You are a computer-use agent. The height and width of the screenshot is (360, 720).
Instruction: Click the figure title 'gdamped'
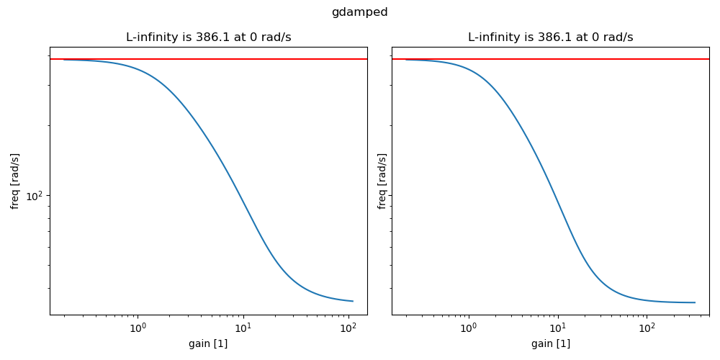pos(359,12)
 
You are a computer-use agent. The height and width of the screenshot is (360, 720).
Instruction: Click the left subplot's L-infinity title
pos(208,37)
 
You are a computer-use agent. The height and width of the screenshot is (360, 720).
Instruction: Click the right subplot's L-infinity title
pos(550,37)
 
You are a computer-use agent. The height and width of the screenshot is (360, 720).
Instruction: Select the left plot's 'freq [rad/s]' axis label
pos(15,181)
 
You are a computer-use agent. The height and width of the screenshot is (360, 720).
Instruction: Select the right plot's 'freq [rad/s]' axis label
pos(382,181)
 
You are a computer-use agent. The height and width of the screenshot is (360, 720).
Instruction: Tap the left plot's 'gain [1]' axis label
pos(208,344)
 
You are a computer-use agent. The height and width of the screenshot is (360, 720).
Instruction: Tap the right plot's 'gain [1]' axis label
pos(550,344)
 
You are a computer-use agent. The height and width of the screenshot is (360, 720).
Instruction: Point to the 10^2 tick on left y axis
pos(35,196)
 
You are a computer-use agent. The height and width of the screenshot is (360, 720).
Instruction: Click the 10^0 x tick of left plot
pos(138,328)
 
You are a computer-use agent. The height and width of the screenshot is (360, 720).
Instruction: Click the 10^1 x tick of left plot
pos(243,328)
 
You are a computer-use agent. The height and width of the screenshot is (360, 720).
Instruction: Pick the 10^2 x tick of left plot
pos(349,328)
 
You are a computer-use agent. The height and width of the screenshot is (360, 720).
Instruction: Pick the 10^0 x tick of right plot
pos(468,328)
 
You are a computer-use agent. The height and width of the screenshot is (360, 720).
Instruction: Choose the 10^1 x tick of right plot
pos(557,328)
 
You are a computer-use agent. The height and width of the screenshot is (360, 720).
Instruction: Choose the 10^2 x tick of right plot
pos(647,328)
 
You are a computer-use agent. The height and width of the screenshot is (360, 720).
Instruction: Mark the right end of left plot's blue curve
pos(353,301)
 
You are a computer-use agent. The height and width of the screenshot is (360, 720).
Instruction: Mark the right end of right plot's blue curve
pos(695,302)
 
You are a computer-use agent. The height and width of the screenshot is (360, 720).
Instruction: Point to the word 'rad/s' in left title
pos(277,37)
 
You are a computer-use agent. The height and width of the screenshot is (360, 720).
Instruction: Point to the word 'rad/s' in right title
pos(619,37)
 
